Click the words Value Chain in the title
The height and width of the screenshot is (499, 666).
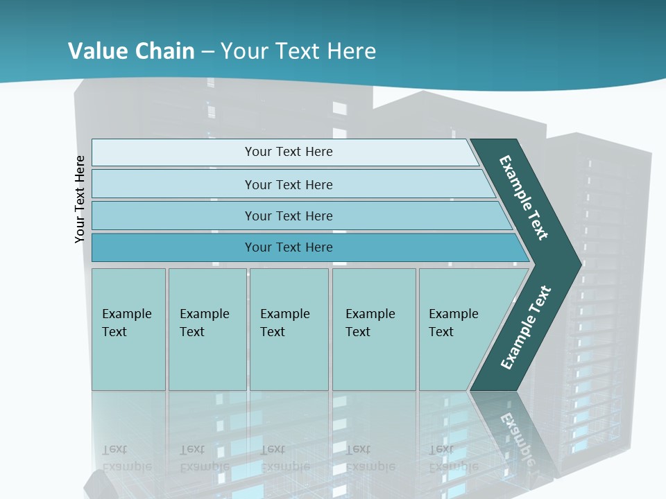pyautogui.click(x=131, y=51)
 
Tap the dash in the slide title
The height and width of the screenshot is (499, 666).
pyautogui.click(x=207, y=52)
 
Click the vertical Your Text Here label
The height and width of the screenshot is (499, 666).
pyautogui.click(x=80, y=199)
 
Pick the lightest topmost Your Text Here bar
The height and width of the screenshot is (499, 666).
pyautogui.click(x=288, y=152)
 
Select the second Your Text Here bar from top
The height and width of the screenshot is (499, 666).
pyautogui.click(x=288, y=184)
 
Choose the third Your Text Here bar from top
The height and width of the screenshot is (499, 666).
pyautogui.click(x=288, y=216)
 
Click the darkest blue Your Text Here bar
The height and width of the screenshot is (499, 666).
pyautogui.click(x=288, y=247)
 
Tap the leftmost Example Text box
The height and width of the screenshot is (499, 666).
pyautogui.click(x=128, y=329)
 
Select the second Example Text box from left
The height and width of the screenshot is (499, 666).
pyautogui.click(x=207, y=329)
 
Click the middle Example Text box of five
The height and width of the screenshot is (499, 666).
pyautogui.click(x=289, y=329)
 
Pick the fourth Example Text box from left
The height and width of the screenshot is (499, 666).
pyautogui.click(x=373, y=329)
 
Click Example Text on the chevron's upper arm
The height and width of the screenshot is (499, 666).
pyautogui.click(x=524, y=198)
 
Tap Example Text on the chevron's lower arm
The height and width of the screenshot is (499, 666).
pyautogui.click(x=526, y=327)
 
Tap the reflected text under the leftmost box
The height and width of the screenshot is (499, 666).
pyautogui.click(x=126, y=458)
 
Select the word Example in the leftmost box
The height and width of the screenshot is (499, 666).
pyautogui.click(x=126, y=314)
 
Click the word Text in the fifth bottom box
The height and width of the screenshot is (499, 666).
pyautogui.click(x=441, y=332)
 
